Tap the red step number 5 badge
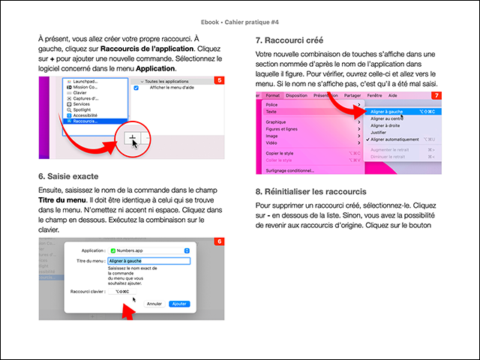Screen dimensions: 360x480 point(218,80)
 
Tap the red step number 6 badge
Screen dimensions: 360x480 point(218,241)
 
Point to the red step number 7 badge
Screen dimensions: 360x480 point(436,96)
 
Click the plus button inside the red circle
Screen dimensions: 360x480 point(132,139)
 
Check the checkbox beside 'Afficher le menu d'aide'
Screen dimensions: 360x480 point(136,88)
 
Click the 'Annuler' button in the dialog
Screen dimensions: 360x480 point(154,304)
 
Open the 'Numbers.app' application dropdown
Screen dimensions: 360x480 point(150,249)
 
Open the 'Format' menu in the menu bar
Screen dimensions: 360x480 point(273,96)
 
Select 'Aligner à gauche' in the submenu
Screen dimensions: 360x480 point(388,110)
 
